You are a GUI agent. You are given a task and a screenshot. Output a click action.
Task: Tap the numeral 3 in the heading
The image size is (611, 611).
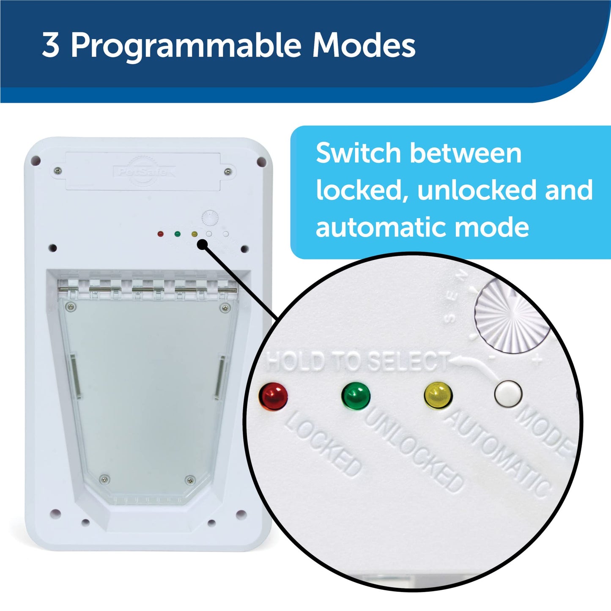(51, 45)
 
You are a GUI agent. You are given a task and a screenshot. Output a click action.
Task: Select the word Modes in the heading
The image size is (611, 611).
(364, 45)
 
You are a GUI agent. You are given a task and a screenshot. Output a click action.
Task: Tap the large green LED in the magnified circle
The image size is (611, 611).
(356, 396)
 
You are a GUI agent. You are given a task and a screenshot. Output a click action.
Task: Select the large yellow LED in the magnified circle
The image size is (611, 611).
(438, 396)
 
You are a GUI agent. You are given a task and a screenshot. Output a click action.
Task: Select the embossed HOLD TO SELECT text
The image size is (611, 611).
(357, 362)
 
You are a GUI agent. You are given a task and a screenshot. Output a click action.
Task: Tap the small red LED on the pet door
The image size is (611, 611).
(160, 233)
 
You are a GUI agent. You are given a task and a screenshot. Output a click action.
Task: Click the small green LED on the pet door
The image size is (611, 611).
(177, 233)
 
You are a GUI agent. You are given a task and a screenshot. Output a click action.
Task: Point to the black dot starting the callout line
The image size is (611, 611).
(203, 244)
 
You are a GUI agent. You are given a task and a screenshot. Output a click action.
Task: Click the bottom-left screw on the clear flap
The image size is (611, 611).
(103, 479)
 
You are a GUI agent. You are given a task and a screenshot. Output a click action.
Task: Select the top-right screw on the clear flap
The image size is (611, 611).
(223, 307)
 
